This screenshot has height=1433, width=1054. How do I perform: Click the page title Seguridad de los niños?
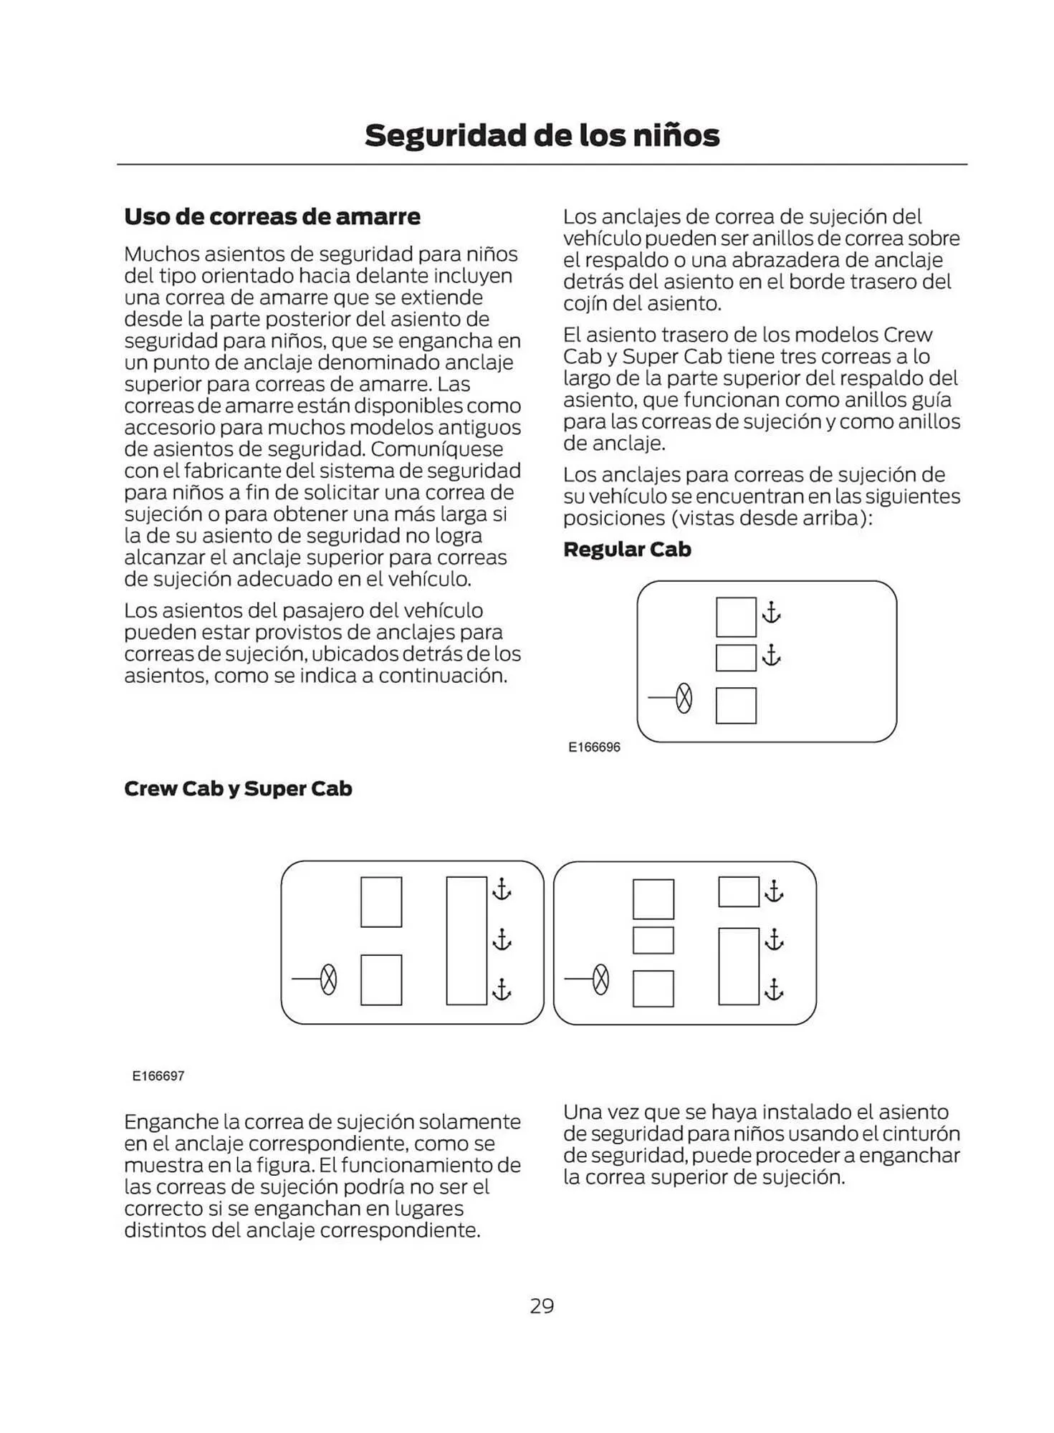click(x=542, y=135)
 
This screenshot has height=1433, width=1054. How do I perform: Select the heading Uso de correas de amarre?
click(x=272, y=216)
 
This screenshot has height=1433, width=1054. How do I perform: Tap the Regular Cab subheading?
click(x=627, y=550)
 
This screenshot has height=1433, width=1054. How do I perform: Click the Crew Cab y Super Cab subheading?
click(x=238, y=789)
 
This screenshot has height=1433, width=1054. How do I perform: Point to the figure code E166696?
click(x=594, y=747)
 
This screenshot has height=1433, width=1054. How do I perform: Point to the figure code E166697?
click(x=158, y=1076)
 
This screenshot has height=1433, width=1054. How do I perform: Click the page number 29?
click(x=542, y=1305)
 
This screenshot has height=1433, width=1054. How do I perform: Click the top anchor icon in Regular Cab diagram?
click(x=771, y=613)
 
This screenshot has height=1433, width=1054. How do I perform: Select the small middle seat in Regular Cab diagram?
click(x=736, y=658)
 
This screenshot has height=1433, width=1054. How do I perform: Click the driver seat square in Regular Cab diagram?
click(x=736, y=705)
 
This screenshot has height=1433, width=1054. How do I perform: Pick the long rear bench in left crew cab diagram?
click(x=466, y=940)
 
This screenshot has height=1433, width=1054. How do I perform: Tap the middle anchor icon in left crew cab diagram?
click(x=502, y=939)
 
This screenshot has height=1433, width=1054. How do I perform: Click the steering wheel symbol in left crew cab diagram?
click(x=328, y=979)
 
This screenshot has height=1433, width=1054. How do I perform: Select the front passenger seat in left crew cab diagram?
click(x=380, y=902)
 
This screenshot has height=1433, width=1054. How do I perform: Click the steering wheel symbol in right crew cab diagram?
click(x=601, y=979)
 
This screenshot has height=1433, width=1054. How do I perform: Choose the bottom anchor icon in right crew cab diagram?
click(x=774, y=989)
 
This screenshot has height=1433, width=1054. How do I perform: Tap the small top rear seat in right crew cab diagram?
click(x=739, y=892)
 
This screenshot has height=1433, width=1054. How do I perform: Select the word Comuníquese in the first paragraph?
click(x=437, y=449)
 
